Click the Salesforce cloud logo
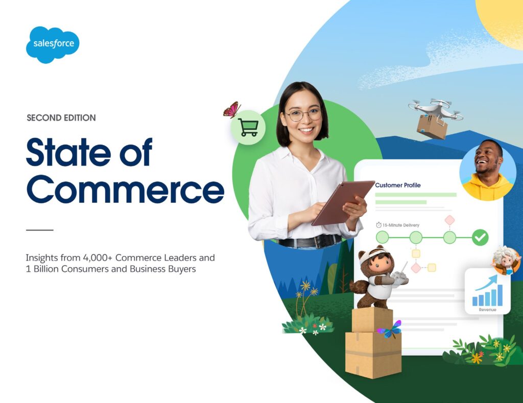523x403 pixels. tap(53, 44)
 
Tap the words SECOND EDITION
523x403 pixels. tap(61, 118)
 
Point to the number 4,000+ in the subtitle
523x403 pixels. tap(98, 258)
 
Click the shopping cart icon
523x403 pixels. tap(248, 128)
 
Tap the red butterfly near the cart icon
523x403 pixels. tap(232, 109)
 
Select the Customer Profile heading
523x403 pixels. tap(398, 185)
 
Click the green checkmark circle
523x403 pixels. tap(480, 237)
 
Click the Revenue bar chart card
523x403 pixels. tap(488, 292)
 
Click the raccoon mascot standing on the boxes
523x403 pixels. tap(375, 279)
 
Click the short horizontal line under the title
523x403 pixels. tap(40, 230)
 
